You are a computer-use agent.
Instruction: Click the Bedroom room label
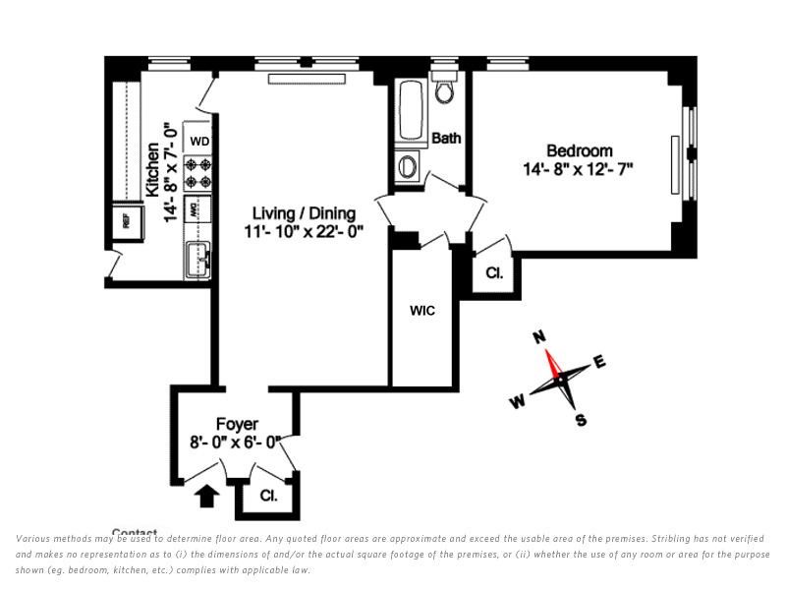tap(579, 150)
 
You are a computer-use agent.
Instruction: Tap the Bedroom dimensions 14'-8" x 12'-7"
tap(578, 168)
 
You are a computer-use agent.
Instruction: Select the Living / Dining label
tap(304, 213)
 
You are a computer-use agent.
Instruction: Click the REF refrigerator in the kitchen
tap(126, 220)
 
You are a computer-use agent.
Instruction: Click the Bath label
tap(446, 139)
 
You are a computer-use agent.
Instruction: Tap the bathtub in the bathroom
tap(409, 110)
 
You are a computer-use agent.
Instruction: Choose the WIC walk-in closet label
tap(422, 311)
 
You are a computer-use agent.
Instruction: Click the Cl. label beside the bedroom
tap(493, 273)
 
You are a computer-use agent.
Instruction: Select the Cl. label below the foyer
tap(268, 497)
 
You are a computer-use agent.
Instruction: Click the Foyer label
tap(237, 424)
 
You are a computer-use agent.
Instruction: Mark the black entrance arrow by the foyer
tap(206, 497)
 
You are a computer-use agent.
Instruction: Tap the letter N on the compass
tap(538, 337)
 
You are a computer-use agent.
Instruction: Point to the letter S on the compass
tap(581, 421)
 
